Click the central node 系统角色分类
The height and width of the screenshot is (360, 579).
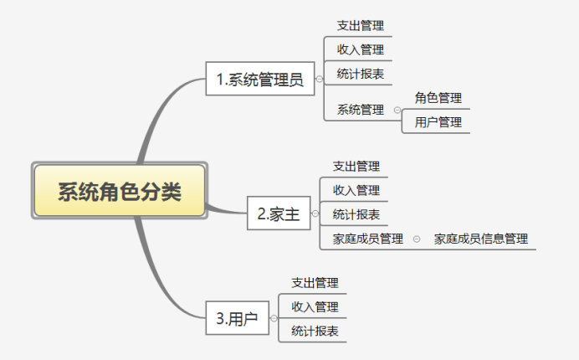coord(119,191)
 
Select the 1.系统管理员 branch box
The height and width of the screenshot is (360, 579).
coord(259,80)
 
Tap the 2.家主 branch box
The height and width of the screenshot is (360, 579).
coord(279,213)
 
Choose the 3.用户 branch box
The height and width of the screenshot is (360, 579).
coord(236,319)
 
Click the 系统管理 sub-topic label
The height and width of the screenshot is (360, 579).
coord(361,110)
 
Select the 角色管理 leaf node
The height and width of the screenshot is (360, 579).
coord(438,98)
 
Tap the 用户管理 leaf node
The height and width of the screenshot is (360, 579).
coord(438,122)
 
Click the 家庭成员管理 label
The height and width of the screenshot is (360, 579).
coord(368,239)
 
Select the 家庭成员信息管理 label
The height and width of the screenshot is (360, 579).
coord(481,239)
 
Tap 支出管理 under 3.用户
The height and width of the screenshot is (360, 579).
coord(315,283)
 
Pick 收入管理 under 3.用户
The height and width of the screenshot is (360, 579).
coord(315,307)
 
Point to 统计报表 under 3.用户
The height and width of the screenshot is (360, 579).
coord(315,332)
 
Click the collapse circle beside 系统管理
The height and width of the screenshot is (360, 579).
coord(397,110)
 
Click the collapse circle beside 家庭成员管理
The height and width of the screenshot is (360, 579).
coord(417,239)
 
